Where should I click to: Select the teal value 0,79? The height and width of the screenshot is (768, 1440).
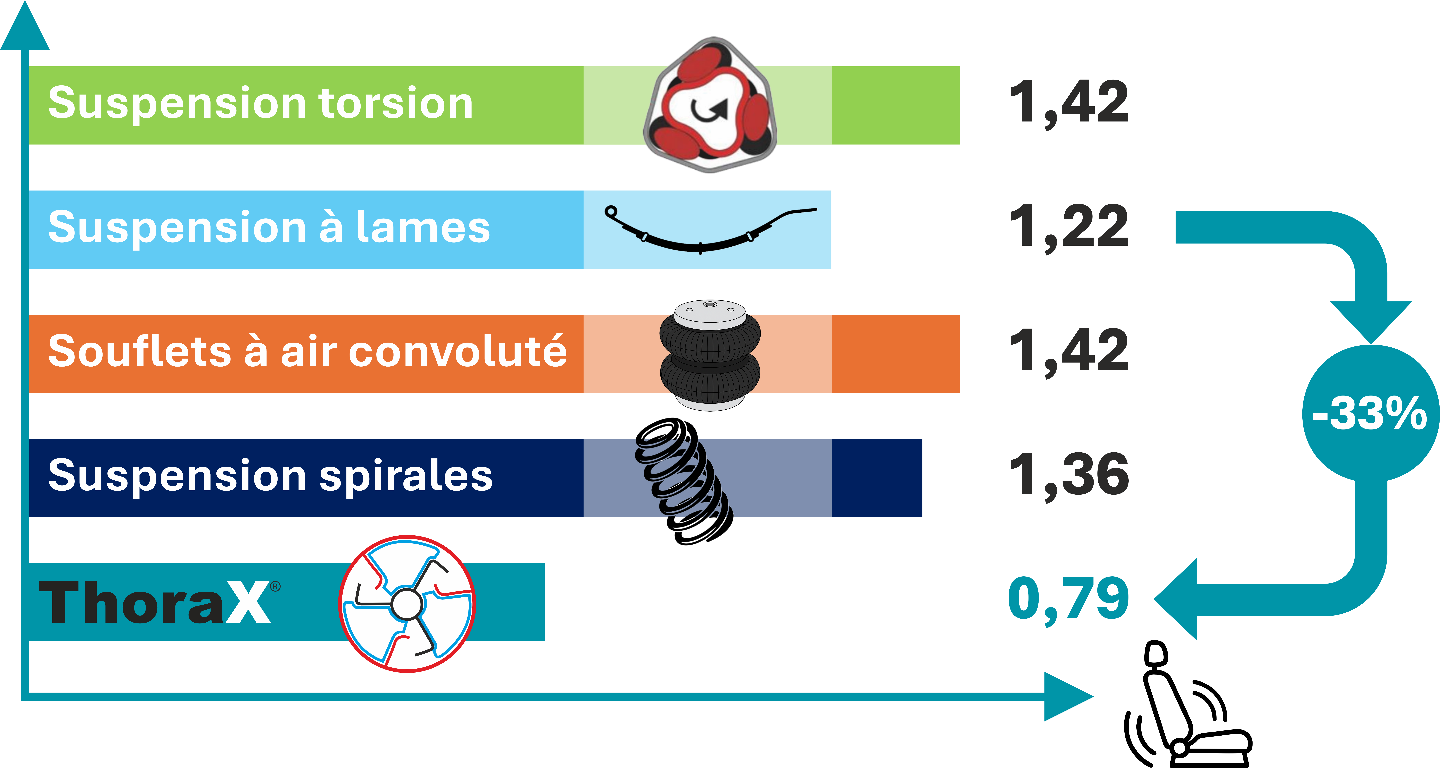(1069, 599)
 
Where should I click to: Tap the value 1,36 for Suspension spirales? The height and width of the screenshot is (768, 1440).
(1069, 475)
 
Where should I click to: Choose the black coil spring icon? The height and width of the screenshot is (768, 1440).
(683, 481)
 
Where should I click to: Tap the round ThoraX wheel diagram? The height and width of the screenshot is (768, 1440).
(407, 604)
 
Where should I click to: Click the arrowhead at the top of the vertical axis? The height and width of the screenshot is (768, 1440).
(25, 25)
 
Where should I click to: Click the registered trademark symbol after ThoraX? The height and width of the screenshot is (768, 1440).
(275, 586)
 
